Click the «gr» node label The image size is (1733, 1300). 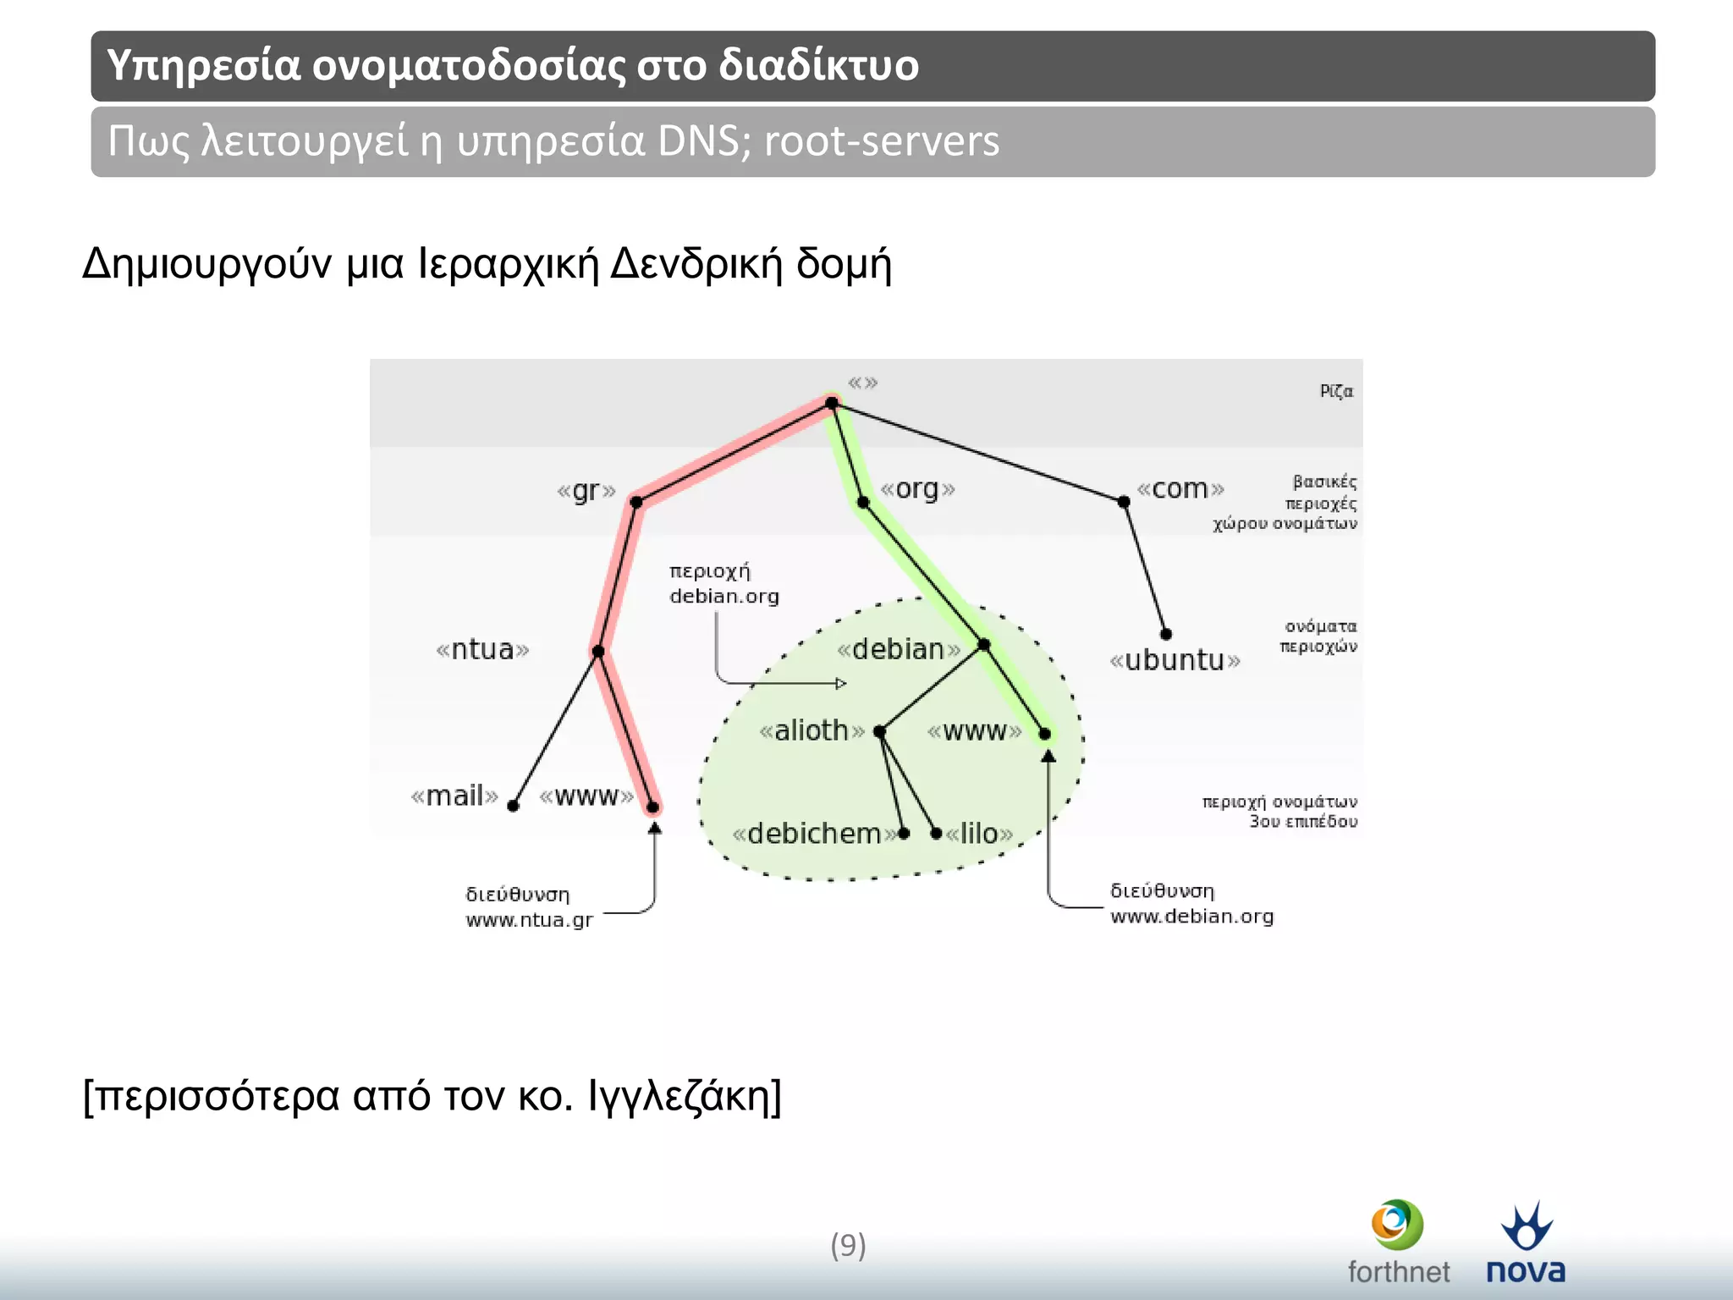[586, 491]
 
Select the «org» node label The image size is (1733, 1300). [917, 489]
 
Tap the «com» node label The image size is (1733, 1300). [1180, 489]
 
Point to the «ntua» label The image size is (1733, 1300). [482, 650]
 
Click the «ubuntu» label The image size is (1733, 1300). [1175, 660]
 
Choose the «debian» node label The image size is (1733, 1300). [898, 650]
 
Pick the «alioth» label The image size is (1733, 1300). [811, 730]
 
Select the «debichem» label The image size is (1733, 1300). [814, 835]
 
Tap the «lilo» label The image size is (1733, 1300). [979, 835]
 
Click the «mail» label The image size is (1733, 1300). [454, 796]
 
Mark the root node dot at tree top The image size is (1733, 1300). [832, 404]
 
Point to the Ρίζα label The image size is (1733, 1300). [1336, 391]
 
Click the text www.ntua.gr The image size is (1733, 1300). [529, 920]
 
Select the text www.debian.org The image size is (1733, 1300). [1191, 917]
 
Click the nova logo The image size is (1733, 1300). [1526, 1242]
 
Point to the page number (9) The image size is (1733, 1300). [848, 1246]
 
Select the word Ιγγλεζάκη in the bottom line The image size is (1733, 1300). [679, 1096]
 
